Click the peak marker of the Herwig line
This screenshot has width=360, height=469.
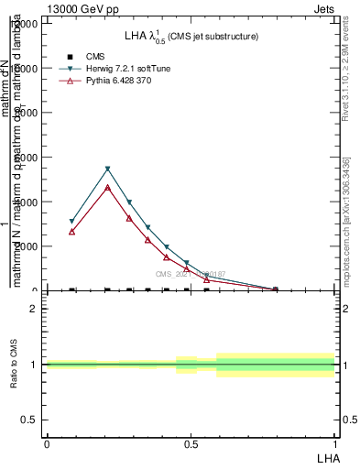pyautogui.click(x=108, y=169)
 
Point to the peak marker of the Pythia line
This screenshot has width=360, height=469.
pyautogui.click(x=108, y=188)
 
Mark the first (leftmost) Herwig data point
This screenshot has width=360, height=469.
pyautogui.click(x=71, y=222)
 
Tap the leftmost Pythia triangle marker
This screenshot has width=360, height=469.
pyautogui.click(x=71, y=232)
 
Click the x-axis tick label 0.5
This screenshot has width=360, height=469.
pyautogui.click(x=191, y=444)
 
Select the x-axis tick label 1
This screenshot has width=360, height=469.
pyautogui.click(x=334, y=444)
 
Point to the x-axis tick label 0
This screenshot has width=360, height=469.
pyautogui.click(x=47, y=444)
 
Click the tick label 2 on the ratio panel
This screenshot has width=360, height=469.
pyautogui.click(x=34, y=309)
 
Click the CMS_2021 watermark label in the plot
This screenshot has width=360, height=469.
pyautogui.click(x=190, y=274)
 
